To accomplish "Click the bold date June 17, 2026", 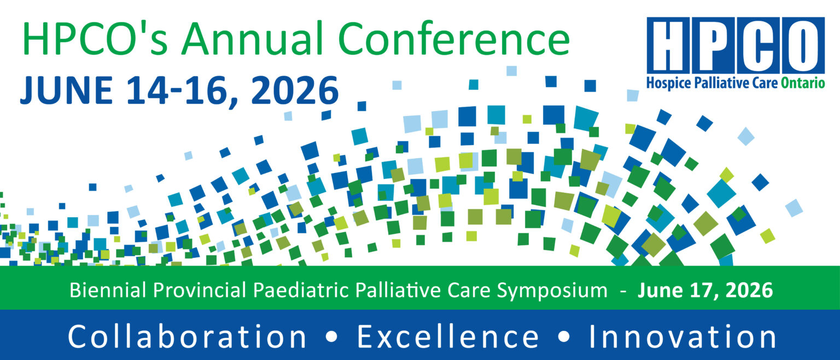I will point(705,290).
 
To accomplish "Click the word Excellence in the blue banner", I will point(448,336).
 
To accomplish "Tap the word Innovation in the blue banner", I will point(682,336).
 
